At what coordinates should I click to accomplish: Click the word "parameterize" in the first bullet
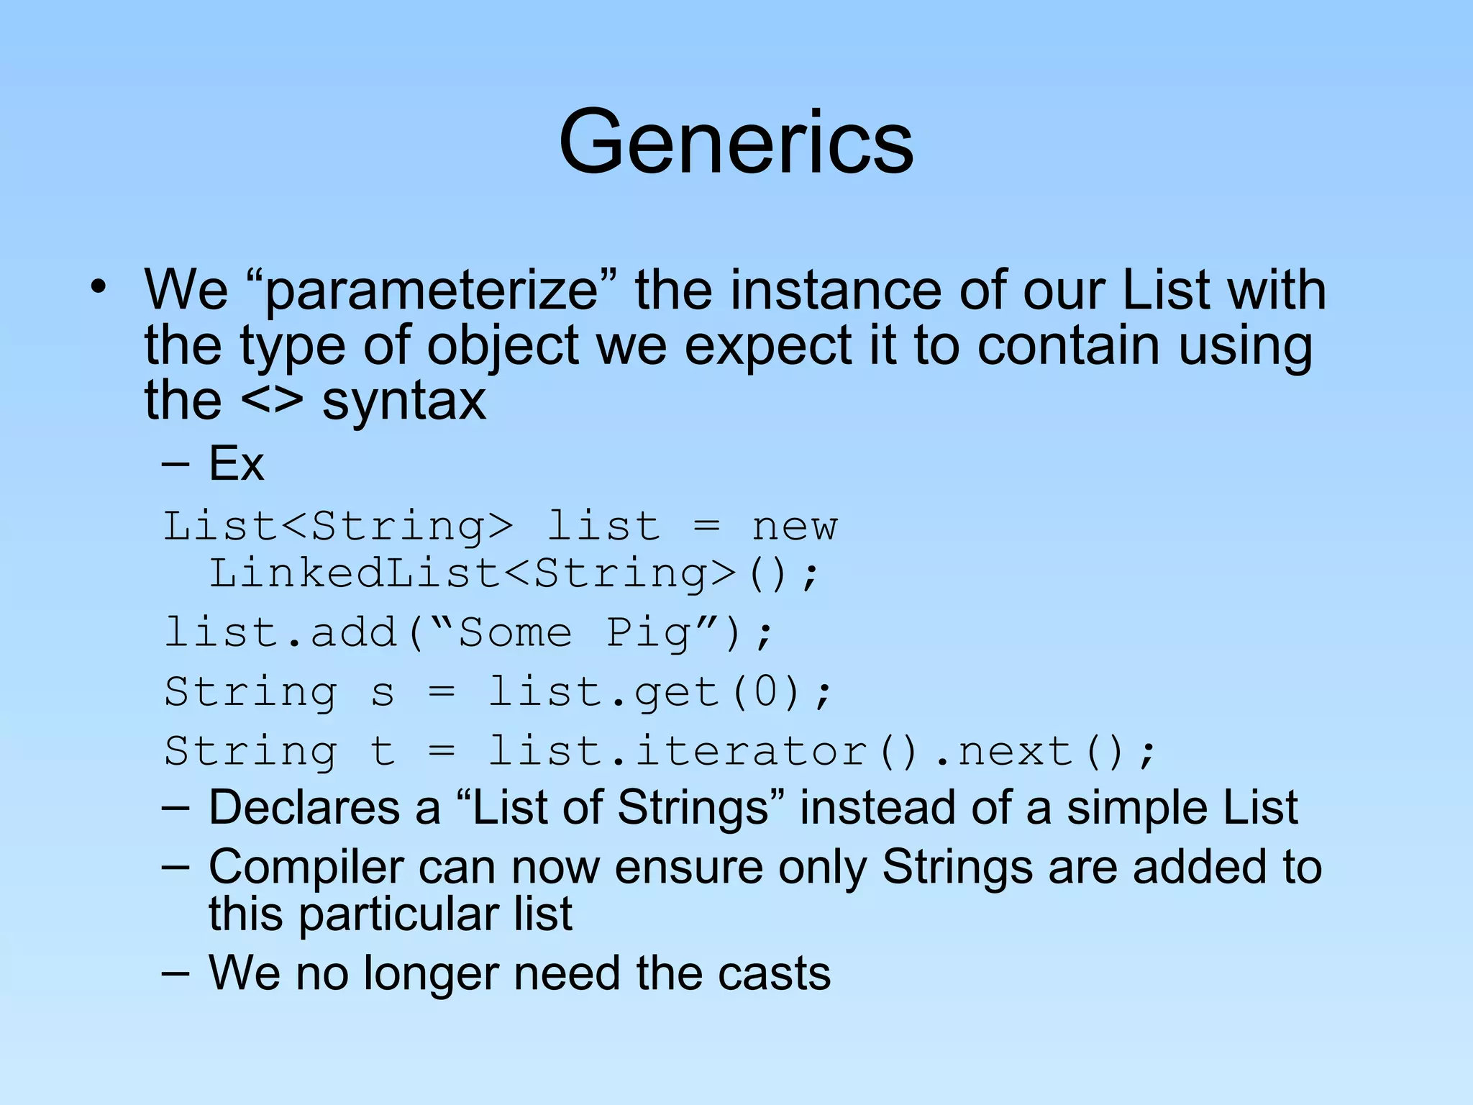pyautogui.click(x=432, y=291)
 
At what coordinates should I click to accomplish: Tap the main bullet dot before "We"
pyautogui.click(x=99, y=288)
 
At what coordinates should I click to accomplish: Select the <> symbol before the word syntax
pyautogui.click(x=272, y=402)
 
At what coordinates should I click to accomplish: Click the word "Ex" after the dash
pyautogui.click(x=236, y=463)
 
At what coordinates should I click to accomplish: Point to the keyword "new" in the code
pyautogui.click(x=794, y=527)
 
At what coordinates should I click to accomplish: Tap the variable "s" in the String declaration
pyautogui.click(x=382, y=694)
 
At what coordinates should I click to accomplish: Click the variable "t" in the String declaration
pyautogui.click(x=382, y=752)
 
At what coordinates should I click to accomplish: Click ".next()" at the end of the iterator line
pyautogui.click(x=1036, y=752)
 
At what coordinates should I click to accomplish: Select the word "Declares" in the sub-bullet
pyautogui.click(x=304, y=807)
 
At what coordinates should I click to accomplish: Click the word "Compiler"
pyautogui.click(x=306, y=868)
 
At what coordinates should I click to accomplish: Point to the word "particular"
pyautogui.click(x=399, y=915)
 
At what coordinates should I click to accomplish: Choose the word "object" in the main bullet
pyautogui.click(x=503, y=347)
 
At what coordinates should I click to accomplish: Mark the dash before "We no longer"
pyautogui.click(x=175, y=974)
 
